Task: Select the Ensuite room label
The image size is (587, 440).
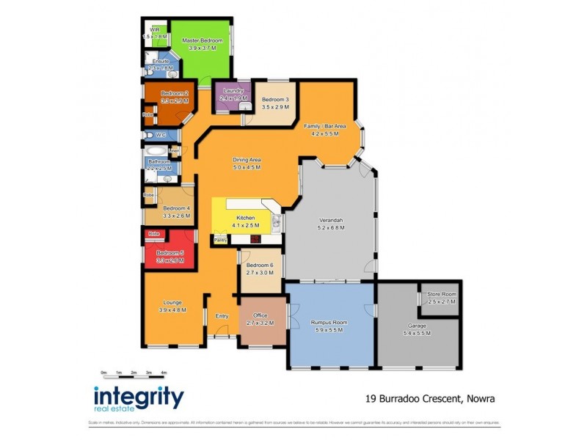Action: click(160, 61)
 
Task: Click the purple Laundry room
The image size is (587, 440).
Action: click(228, 95)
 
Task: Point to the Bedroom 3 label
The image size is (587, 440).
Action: click(275, 100)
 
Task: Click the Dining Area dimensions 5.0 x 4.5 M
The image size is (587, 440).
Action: click(247, 167)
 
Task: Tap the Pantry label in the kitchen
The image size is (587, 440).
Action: click(220, 239)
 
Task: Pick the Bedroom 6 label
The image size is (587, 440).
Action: click(259, 265)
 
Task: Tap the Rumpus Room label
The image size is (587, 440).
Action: click(329, 323)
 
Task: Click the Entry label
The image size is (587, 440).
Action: click(222, 316)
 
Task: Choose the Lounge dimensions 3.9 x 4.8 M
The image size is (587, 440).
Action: click(172, 310)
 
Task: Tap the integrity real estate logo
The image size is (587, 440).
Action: click(139, 400)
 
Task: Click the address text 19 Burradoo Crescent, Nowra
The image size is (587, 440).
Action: click(429, 400)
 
